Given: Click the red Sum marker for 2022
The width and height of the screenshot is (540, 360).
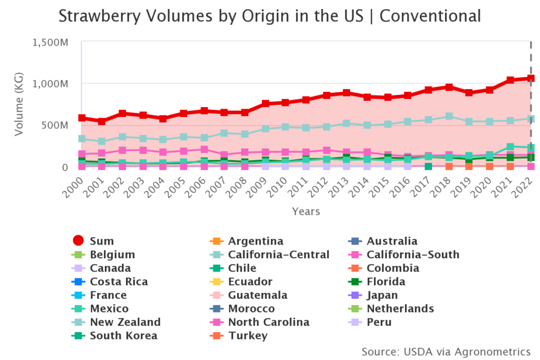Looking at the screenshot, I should (x=531, y=79).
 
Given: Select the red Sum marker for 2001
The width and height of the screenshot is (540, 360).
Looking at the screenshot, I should (x=102, y=122).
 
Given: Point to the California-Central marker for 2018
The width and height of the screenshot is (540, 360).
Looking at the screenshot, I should (x=449, y=116).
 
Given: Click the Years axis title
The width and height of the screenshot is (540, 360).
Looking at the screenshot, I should (x=306, y=211).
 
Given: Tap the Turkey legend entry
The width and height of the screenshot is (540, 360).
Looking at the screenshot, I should (x=248, y=336).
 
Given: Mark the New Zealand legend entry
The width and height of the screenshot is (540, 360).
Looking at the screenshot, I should (x=125, y=322).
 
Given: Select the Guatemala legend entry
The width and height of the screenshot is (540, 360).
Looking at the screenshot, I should (x=258, y=295).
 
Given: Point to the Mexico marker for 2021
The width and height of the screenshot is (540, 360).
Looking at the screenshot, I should (x=510, y=147).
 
